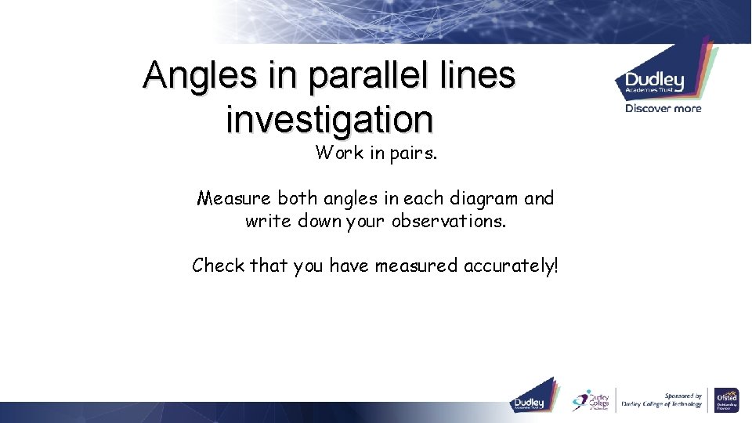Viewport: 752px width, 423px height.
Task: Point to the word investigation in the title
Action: [x=329, y=120]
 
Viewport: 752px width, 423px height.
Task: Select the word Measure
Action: [x=234, y=199]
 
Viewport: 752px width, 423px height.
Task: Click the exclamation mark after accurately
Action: [x=555, y=266]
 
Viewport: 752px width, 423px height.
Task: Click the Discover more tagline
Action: [x=663, y=109]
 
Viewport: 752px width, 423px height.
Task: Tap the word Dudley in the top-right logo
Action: [x=654, y=81]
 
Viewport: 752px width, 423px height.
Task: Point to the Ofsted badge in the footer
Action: [x=726, y=399]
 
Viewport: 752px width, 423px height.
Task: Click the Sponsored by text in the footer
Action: [x=683, y=396]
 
